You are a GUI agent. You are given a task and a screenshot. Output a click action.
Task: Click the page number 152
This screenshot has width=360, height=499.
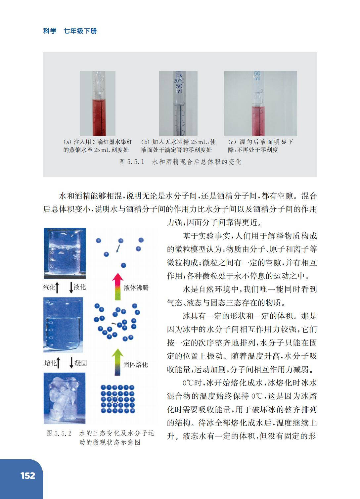pos(28,476)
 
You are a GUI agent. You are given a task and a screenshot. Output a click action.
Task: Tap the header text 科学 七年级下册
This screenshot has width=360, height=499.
pos(70,31)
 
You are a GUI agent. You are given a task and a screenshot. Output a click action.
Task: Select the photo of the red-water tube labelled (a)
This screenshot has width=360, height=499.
pos(98,103)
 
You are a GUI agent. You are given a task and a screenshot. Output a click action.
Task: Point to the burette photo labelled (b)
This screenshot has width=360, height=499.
pos(178,103)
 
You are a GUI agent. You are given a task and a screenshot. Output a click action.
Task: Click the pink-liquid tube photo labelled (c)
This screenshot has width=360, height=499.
pos(260,103)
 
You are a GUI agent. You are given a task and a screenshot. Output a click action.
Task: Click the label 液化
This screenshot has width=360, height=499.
pos(80,287)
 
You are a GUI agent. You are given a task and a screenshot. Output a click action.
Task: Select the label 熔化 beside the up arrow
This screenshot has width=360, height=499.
pos(50,363)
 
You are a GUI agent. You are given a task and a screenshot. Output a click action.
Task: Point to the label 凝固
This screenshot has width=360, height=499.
pos(81,363)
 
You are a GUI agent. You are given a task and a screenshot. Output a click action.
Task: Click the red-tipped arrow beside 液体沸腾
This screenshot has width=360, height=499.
pos(117,287)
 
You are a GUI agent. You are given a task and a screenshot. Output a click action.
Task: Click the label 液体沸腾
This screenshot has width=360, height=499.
pos(136,288)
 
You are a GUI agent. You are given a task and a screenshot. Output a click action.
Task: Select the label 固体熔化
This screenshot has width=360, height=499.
pos(136,365)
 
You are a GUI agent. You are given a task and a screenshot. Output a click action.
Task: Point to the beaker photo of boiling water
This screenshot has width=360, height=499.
pos(65,253)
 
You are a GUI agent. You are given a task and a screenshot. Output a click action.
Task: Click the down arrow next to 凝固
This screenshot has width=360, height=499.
pos(71,363)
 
